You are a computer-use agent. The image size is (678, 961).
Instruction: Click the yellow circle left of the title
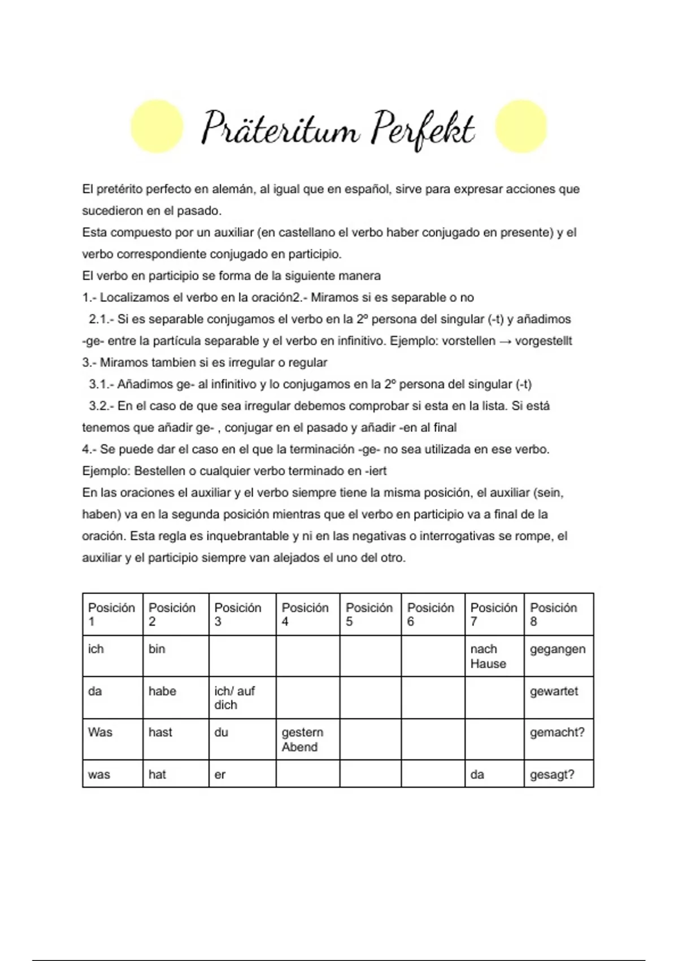click(157, 126)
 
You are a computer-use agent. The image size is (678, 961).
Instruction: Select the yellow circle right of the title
click(521, 126)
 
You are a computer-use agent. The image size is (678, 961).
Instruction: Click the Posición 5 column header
click(370, 614)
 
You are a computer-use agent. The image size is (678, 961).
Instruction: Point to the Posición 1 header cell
click(112, 614)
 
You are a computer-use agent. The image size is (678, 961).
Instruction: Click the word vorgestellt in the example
click(544, 341)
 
